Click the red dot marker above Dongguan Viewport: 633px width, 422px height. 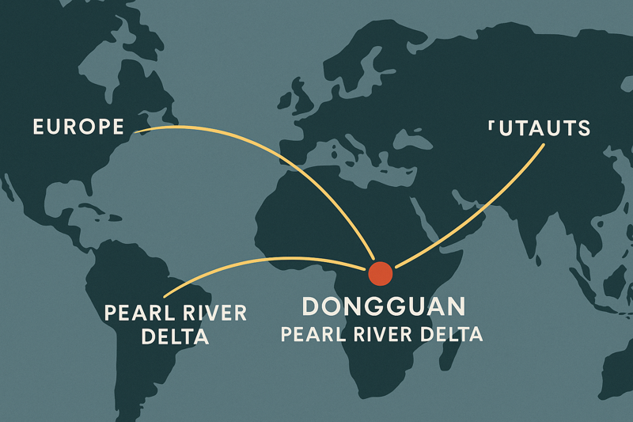tap(381, 273)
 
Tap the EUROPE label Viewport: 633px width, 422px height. tap(78, 127)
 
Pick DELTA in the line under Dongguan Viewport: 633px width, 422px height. tap(452, 334)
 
